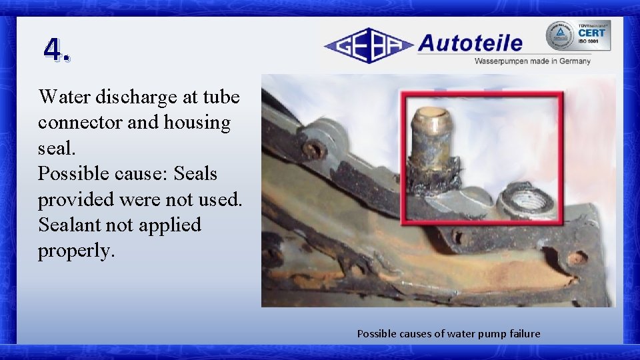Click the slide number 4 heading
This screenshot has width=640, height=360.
tap(56, 50)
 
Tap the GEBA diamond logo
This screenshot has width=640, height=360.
tap(368, 45)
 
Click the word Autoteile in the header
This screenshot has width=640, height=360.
tap(470, 43)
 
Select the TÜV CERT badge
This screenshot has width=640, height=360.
tap(577, 35)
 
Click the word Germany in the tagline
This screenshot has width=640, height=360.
tap(575, 61)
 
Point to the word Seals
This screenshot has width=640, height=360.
tap(195, 173)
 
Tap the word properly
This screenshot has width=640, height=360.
tap(75, 251)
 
